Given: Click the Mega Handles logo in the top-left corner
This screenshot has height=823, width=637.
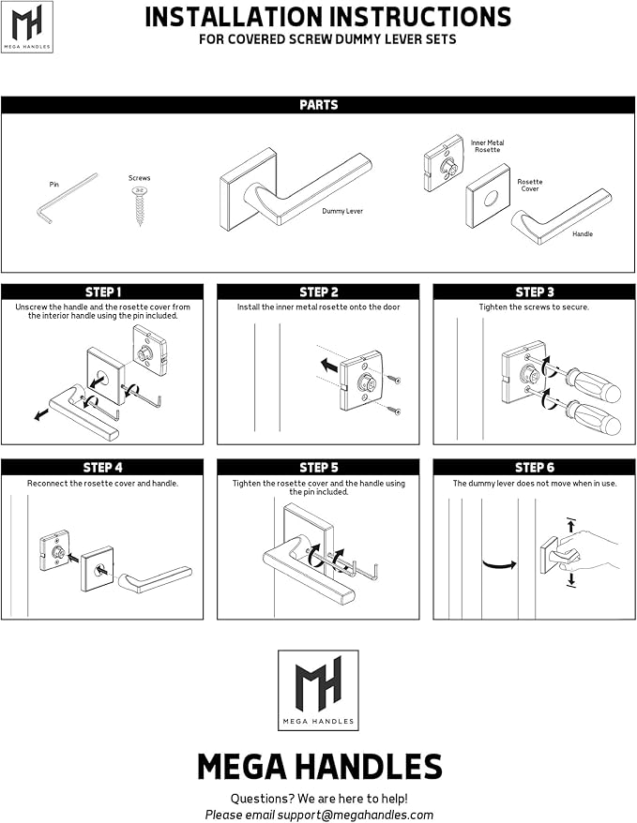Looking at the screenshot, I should pyautogui.click(x=26, y=26).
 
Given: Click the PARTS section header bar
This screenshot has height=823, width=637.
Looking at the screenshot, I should pyautogui.click(x=318, y=105).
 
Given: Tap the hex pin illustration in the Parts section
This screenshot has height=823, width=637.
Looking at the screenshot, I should pyautogui.click(x=67, y=197).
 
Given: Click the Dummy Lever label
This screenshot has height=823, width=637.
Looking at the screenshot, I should pyautogui.click(x=341, y=211).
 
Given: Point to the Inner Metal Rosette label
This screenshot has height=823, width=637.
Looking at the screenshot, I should pyautogui.click(x=487, y=145).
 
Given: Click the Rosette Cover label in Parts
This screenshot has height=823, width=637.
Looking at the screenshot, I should pyautogui.click(x=530, y=186).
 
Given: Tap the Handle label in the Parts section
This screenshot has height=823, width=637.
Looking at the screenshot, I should pyautogui.click(x=583, y=233).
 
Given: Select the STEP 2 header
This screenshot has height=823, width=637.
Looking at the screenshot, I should pyautogui.click(x=318, y=292).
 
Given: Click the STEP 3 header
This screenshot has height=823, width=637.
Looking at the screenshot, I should pyautogui.click(x=534, y=292).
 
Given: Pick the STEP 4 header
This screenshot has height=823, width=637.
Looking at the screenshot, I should pyautogui.click(x=102, y=467).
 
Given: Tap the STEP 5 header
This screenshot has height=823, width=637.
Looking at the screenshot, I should pyautogui.click(x=318, y=467).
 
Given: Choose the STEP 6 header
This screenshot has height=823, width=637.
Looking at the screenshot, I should pyautogui.click(x=534, y=467).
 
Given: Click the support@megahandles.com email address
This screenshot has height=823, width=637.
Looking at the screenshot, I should pyautogui.click(x=360, y=815).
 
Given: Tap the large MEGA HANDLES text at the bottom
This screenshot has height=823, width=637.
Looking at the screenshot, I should pyautogui.click(x=319, y=767).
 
